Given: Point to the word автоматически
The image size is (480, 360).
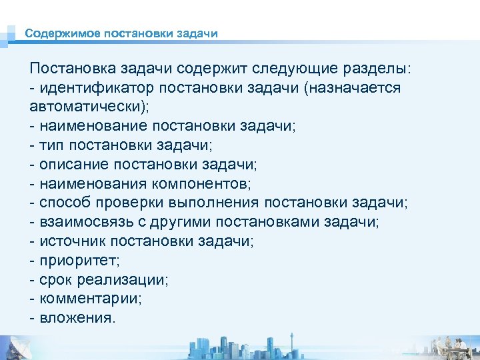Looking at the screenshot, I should pos(87,107).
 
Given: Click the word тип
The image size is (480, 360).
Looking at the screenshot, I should pos(53,145).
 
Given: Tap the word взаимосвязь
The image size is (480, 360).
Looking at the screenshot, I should pos(86,221).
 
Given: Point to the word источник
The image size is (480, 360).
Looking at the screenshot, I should pos(72,241).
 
